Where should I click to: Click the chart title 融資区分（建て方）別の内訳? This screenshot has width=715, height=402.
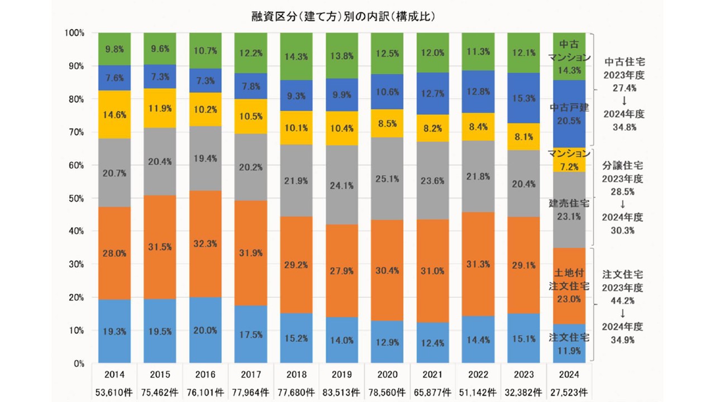pyautogui.click(x=343, y=17)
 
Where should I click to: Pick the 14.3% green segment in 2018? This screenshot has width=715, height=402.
pyautogui.click(x=295, y=56)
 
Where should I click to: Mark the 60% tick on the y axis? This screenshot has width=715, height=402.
pyautogui.click(x=75, y=165)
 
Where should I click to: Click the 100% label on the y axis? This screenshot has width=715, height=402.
pyautogui.click(x=74, y=33)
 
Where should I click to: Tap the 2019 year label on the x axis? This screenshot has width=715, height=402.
pyautogui.click(x=341, y=374)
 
